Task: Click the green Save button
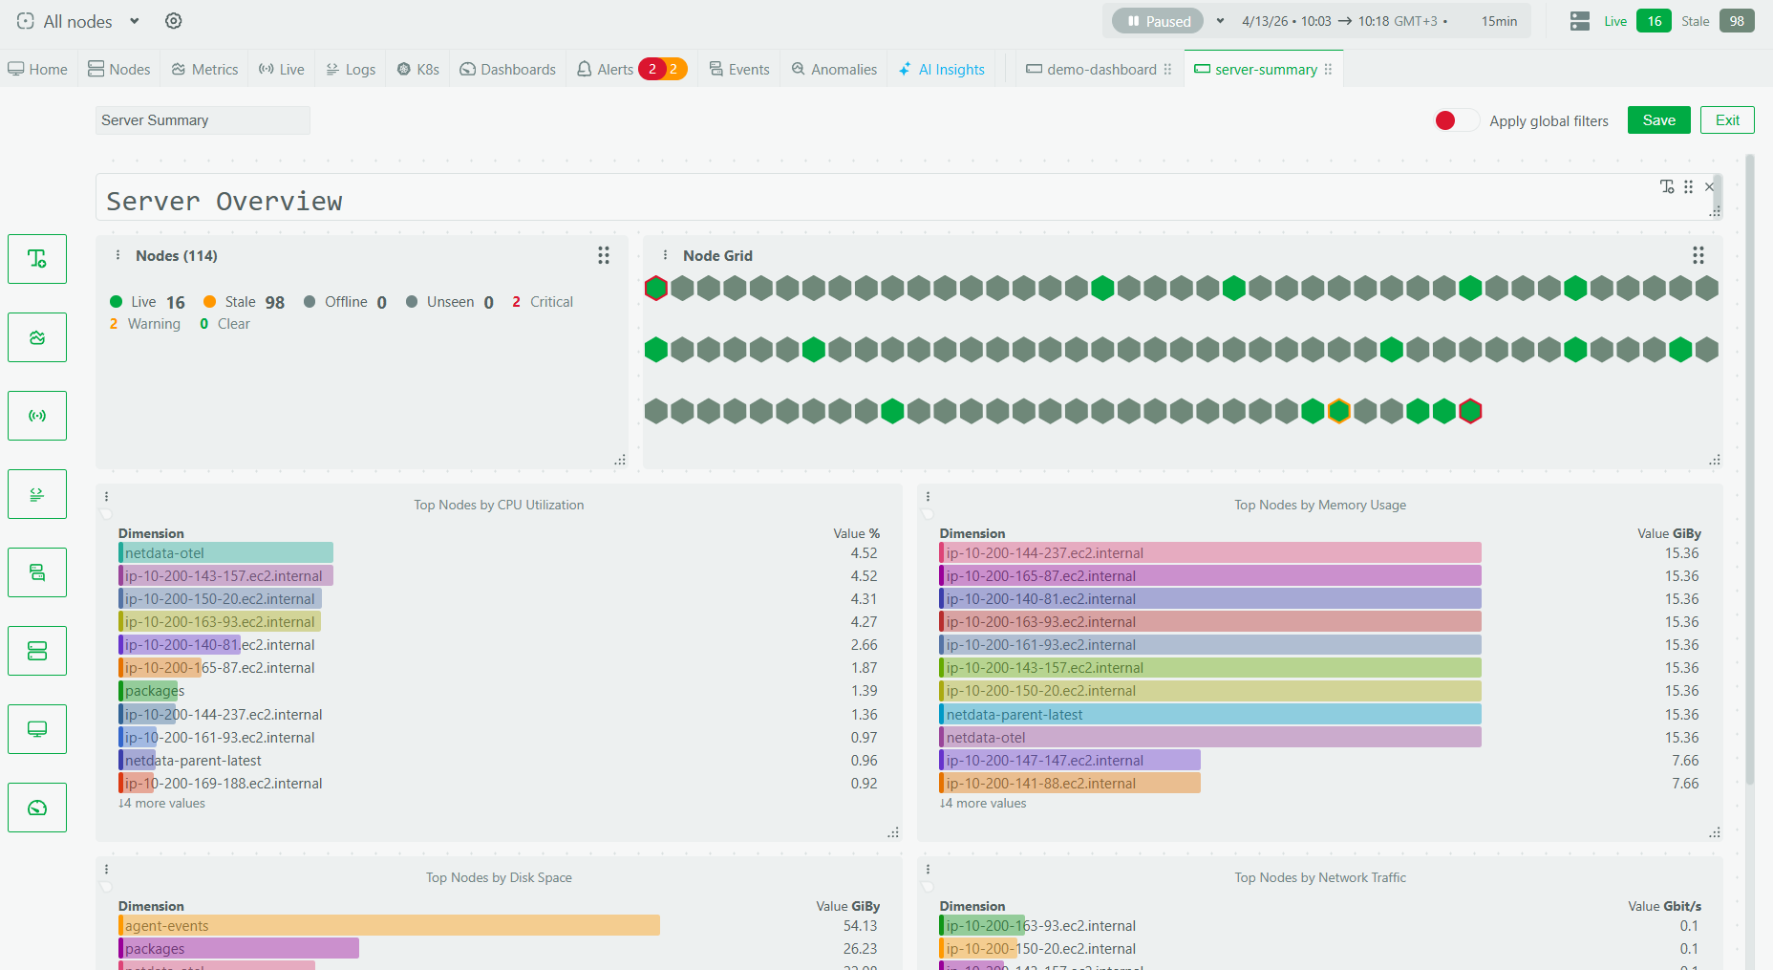[x=1658, y=120]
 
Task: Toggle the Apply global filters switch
[x=1456, y=120]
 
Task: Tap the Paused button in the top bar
[x=1158, y=21]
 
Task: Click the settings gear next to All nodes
[x=173, y=21]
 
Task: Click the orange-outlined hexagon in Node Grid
[x=1338, y=411]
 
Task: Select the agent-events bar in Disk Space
[x=389, y=925]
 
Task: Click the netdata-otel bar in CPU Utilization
[x=225, y=552]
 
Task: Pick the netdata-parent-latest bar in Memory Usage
[x=1209, y=714]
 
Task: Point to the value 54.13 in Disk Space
[x=860, y=925]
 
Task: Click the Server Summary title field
[x=203, y=120]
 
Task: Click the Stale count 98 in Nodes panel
[x=274, y=302]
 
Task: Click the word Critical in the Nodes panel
[x=551, y=302]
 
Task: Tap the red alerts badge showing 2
[x=652, y=69]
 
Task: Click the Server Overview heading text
[x=224, y=201]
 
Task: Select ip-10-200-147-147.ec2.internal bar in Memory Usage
[x=1070, y=760]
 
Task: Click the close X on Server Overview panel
[x=1709, y=186]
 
